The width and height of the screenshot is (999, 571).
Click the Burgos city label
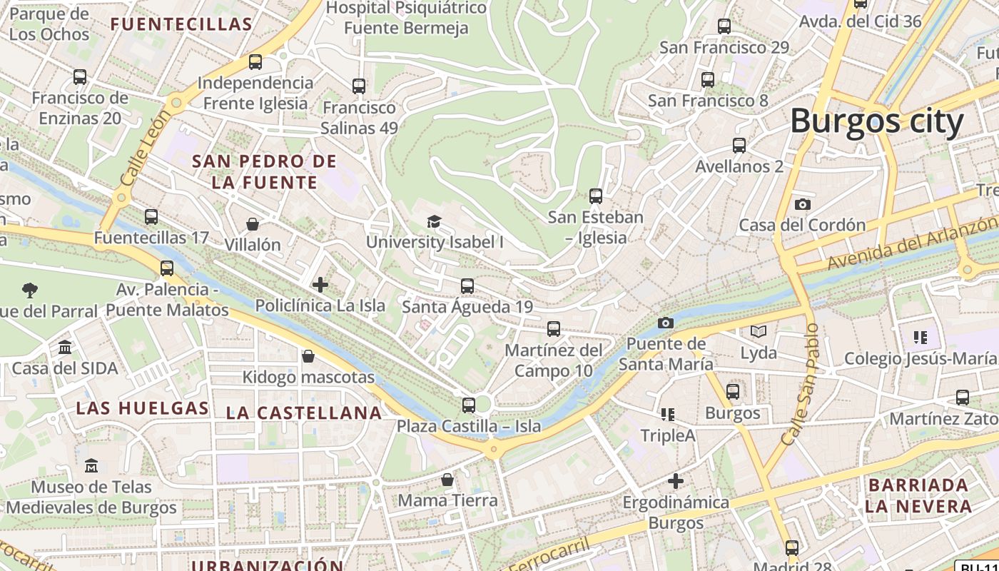point(876,121)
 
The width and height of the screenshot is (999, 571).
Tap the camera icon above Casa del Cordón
point(802,205)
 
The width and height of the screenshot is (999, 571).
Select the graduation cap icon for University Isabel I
point(434,221)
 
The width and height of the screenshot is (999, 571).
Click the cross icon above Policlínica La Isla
point(320,285)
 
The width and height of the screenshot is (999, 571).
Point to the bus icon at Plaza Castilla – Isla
point(468,405)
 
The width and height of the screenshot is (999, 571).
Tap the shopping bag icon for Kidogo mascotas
point(308,356)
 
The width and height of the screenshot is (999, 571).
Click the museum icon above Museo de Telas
point(91,466)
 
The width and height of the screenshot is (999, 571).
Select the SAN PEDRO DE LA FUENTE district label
point(263,172)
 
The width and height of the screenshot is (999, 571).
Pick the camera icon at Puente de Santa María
point(665,323)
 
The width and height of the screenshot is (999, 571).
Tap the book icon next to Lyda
point(758,332)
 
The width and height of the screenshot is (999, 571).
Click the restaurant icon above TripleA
point(668,415)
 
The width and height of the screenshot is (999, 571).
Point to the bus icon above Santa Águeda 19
point(467,286)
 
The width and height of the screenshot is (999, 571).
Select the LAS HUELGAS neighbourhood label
point(142,408)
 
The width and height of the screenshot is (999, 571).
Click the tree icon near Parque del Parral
point(30,290)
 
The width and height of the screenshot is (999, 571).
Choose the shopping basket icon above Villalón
point(253,224)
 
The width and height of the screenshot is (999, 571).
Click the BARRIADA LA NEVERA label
point(918,495)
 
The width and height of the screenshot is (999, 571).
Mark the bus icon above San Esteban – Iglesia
point(595,196)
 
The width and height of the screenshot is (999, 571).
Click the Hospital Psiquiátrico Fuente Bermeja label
point(406,18)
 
